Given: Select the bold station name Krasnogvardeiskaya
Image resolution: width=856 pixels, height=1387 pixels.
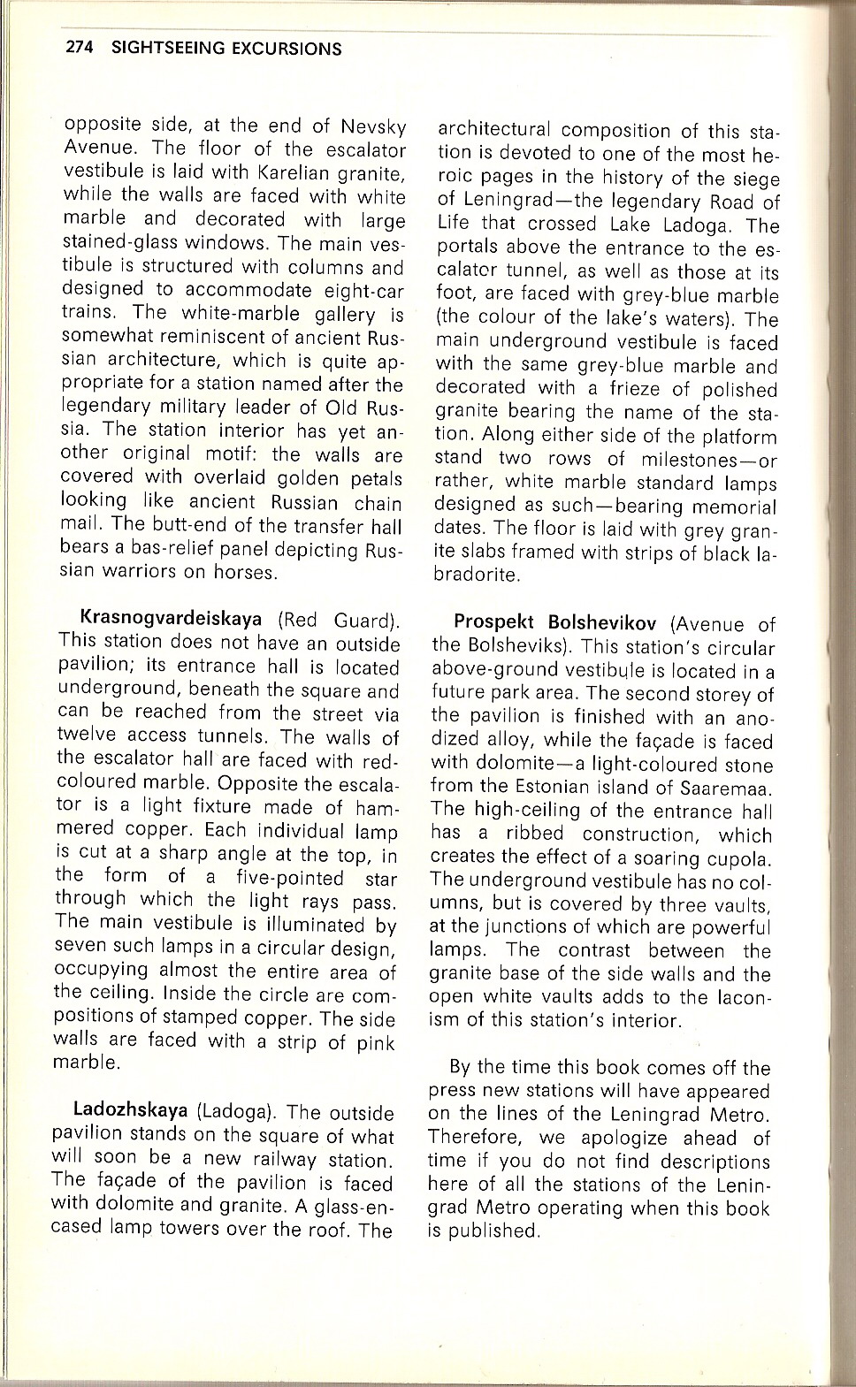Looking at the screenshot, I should [x=171, y=619].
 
